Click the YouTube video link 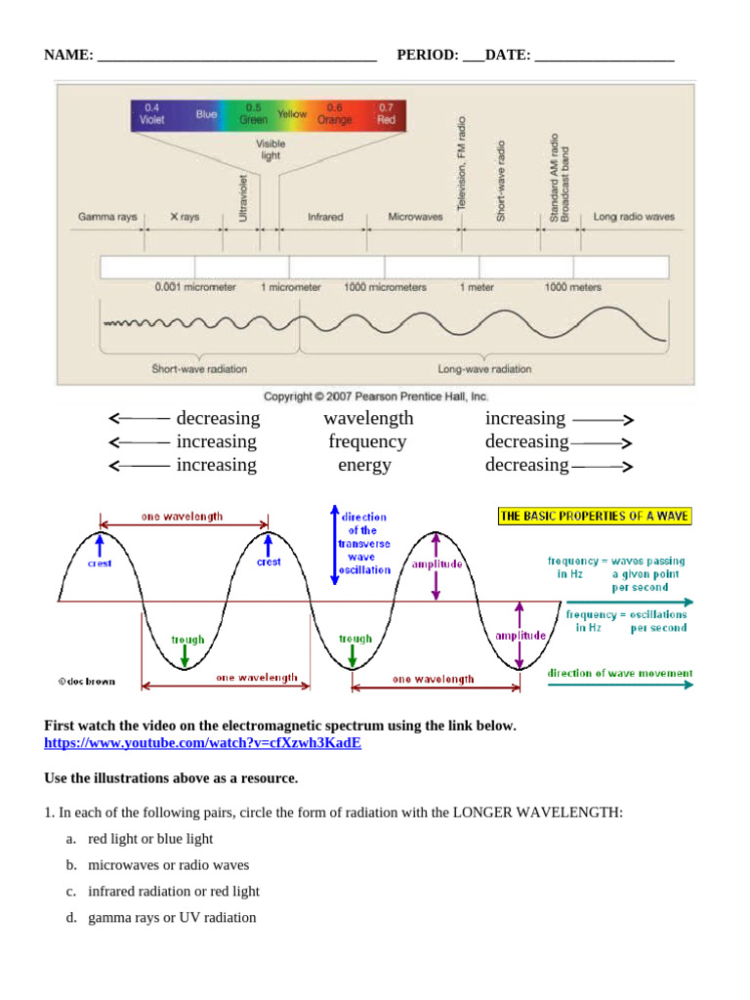tap(202, 743)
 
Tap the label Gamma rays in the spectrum tap(107, 217)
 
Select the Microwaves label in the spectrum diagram tap(415, 217)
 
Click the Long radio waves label tap(634, 217)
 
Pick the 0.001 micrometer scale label tap(195, 288)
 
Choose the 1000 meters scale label tap(572, 288)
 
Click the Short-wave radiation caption tap(199, 369)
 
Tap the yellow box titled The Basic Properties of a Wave tap(594, 516)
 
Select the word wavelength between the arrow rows tap(368, 418)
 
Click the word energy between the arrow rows tap(364, 465)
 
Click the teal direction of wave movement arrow tap(620, 686)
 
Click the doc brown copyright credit tap(86, 681)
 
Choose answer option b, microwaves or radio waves tap(168, 865)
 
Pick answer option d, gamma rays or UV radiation tap(172, 918)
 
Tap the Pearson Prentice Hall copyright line tap(376, 396)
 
